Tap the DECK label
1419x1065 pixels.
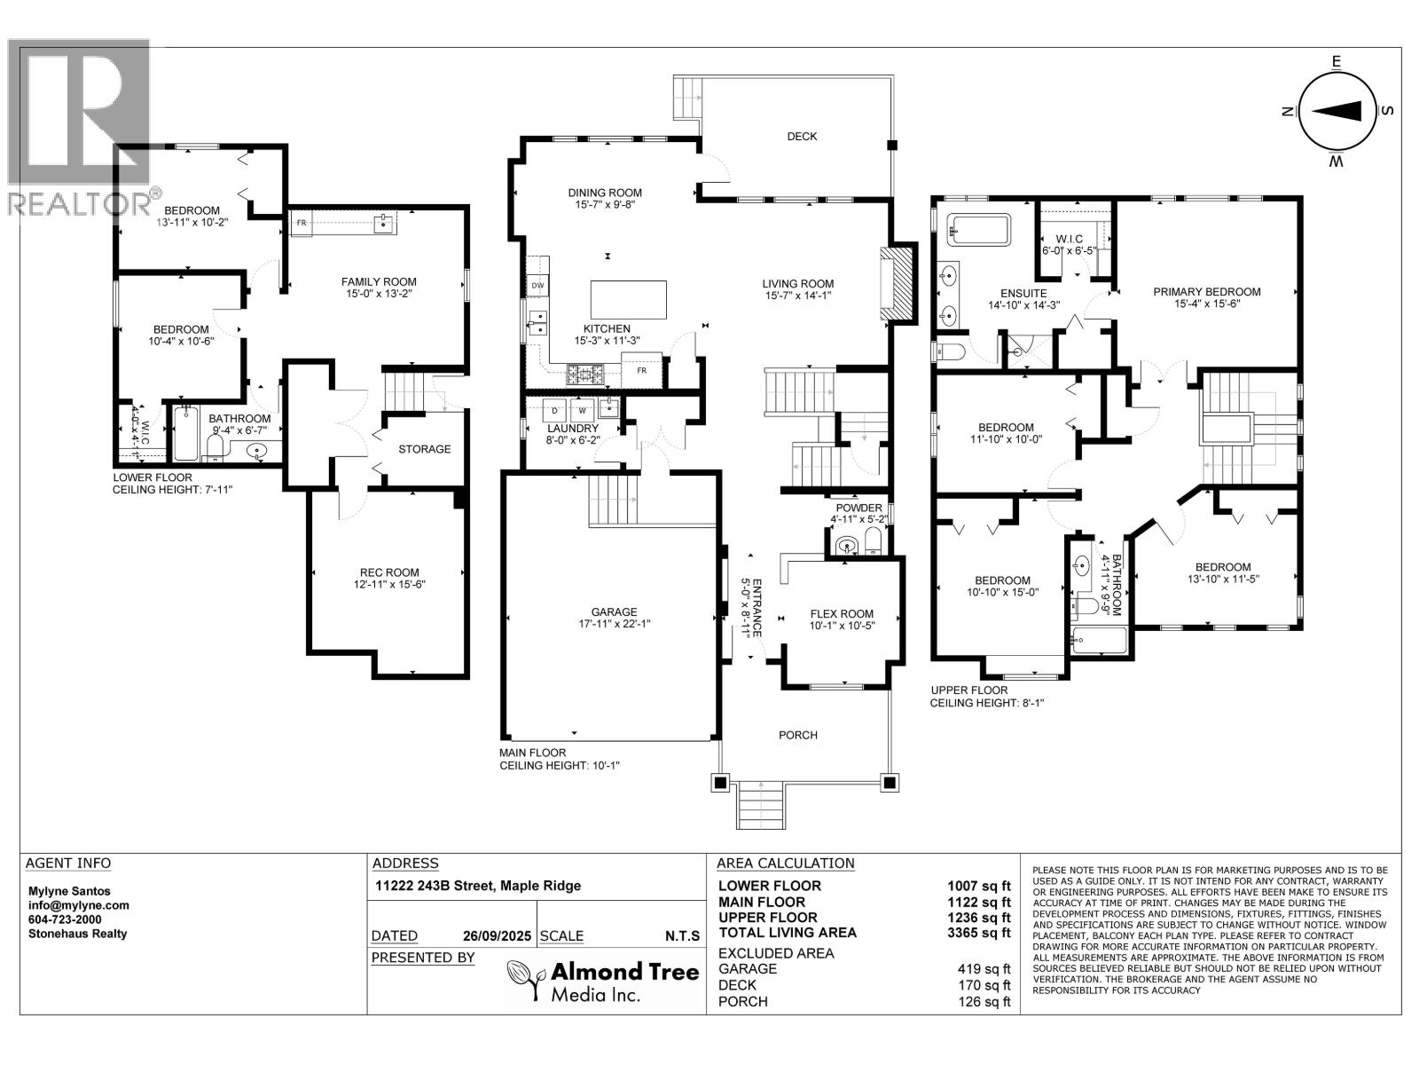[802, 137]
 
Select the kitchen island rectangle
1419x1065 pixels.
[629, 299]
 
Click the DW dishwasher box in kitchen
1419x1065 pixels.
[537, 285]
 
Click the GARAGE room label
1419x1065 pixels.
[614, 612]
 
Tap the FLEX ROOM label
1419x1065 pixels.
[842, 613]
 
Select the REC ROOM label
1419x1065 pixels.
[389, 572]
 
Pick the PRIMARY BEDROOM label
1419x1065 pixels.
[1206, 291]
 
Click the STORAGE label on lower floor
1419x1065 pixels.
[424, 449]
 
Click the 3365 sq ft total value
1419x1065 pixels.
[979, 933]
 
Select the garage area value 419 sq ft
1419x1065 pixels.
[984, 969]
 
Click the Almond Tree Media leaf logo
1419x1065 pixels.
[524, 980]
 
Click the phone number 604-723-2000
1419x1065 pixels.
[65, 919]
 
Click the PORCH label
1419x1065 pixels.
[797, 735]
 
